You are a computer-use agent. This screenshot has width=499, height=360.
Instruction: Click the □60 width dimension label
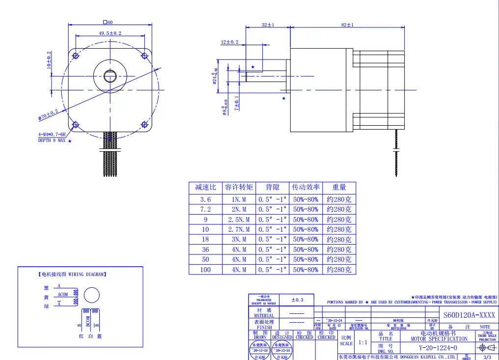108,22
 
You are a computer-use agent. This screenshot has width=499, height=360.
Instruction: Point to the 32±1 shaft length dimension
268,25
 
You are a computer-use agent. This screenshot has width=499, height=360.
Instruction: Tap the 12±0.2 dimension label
229,42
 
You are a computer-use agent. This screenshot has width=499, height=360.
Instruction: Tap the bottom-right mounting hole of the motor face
144,125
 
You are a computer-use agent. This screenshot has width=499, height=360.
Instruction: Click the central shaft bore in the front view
110,75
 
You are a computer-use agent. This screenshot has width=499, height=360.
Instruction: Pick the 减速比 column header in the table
205,187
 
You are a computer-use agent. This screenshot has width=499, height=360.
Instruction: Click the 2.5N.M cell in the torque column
239,220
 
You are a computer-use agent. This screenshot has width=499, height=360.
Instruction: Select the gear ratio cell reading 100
205,270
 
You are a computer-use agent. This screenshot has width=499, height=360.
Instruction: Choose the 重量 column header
339,187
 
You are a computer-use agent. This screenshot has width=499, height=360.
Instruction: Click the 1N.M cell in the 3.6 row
239,199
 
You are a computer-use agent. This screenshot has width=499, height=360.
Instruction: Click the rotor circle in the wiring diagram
91,295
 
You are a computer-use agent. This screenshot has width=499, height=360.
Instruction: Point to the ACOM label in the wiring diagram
63,295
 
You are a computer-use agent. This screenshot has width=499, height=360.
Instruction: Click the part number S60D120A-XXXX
469,315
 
